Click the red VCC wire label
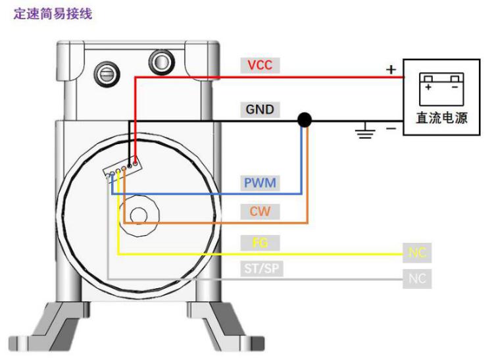coord(259,65)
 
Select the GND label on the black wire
coord(259,109)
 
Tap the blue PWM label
coord(259,182)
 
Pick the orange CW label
coord(259,212)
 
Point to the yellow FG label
coord(259,243)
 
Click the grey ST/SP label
coord(259,269)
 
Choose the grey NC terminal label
coord(418,279)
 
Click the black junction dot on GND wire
coord(305,120)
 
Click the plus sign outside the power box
coord(391,68)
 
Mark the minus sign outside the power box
coord(391,128)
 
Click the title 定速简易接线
coord(53,14)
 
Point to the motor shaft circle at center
coord(139,215)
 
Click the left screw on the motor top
coord(107,74)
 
